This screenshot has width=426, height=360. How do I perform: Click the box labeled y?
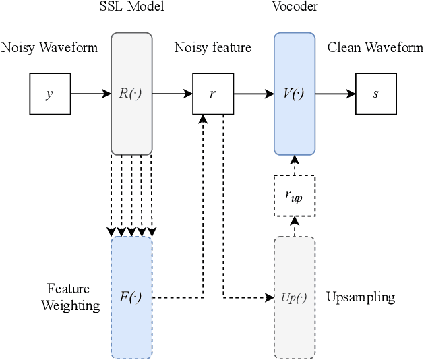pos(49,94)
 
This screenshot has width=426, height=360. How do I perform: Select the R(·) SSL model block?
pos(131,94)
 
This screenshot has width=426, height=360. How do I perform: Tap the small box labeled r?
pos(213,94)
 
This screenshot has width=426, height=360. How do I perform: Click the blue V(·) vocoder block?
pos(294,94)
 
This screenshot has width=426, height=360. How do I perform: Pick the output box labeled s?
pos(375,94)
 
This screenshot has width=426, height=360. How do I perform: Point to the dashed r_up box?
pos(294,196)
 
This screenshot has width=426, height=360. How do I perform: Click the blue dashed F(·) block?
pos(131,297)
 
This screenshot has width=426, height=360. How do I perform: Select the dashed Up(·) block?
pos(294,297)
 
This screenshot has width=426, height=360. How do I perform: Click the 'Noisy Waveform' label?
pos(49,47)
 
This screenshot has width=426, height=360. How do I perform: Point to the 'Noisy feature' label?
pos(213,47)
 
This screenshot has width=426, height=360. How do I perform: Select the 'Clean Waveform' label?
pos(375,47)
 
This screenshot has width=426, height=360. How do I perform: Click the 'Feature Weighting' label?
pos(71,297)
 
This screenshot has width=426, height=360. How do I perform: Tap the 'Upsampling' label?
pos(361,297)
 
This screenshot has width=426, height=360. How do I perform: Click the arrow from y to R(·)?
pos(90,94)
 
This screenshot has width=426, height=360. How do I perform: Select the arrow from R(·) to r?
pos(173,94)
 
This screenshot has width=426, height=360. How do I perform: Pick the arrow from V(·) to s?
pos(335,94)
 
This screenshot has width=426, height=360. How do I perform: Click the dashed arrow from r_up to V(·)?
pos(294,166)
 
